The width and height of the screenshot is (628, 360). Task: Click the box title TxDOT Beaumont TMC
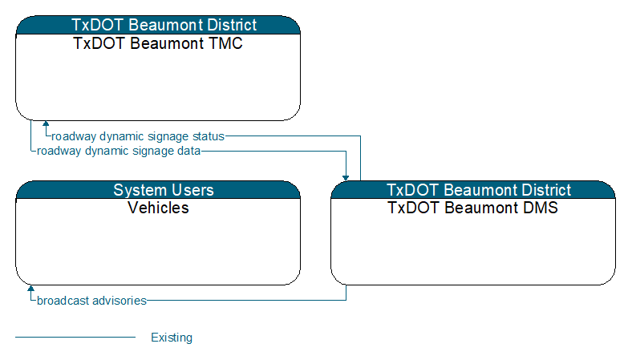pyautogui.click(x=158, y=43)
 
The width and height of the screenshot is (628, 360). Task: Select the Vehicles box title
pyautogui.click(x=158, y=208)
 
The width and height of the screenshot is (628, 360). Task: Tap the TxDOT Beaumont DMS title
pyautogui.click(x=472, y=208)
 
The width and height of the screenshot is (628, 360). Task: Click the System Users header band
pyautogui.click(x=158, y=190)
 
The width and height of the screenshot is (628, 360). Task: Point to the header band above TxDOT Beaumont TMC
pyautogui.click(x=158, y=25)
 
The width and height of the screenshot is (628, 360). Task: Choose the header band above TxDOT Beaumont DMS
pyautogui.click(x=473, y=190)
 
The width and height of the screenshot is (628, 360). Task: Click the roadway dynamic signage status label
pyautogui.click(x=138, y=136)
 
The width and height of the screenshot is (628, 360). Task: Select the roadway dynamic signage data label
pyautogui.click(x=119, y=151)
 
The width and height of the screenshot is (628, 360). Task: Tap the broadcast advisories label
pyautogui.click(x=91, y=301)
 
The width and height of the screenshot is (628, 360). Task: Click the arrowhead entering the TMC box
pyautogui.click(x=46, y=123)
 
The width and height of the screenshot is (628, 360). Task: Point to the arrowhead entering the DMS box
pyautogui.click(x=346, y=178)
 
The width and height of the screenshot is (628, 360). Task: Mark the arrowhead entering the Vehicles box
pyautogui.click(x=30, y=288)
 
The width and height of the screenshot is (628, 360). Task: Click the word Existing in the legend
pyautogui.click(x=172, y=338)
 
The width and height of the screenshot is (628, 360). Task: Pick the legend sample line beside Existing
pyautogui.click(x=75, y=338)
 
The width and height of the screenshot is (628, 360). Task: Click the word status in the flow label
pyautogui.click(x=209, y=136)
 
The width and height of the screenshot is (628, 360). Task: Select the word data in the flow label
pyautogui.click(x=189, y=151)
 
